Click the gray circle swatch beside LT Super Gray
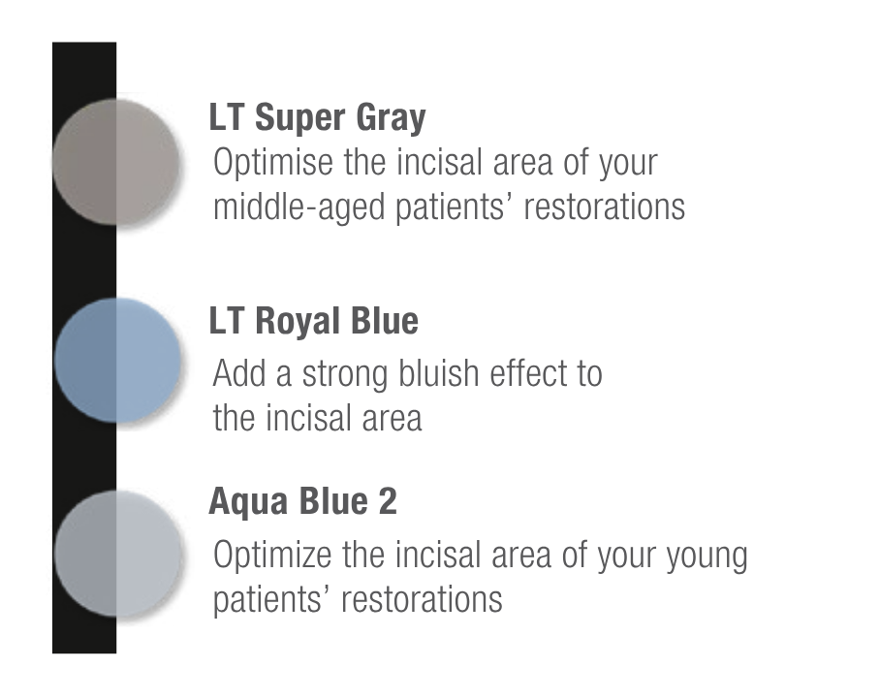tap(115, 162)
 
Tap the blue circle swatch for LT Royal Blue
tap(118, 361)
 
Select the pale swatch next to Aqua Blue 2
tap(118, 554)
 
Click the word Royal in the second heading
tap(298, 322)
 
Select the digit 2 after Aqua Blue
tap(388, 500)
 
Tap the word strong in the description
tap(345, 375)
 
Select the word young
tap(707, 557)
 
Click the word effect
tap(526, 373)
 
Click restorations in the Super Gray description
tap(605, 207)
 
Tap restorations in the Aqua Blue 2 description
tap(422, 599)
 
